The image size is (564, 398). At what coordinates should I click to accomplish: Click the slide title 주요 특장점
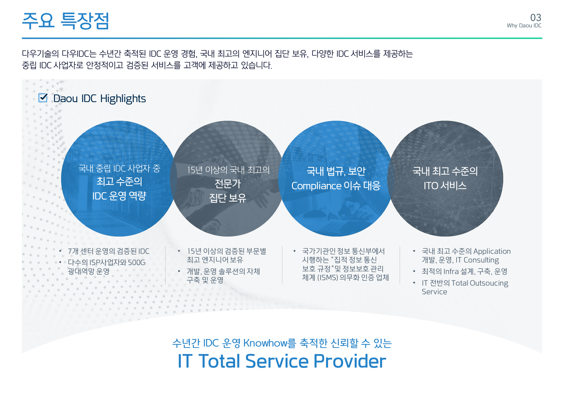point(66,21)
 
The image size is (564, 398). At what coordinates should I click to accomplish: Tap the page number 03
point(536,17)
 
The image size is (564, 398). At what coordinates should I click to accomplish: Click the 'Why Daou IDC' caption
point(524,26)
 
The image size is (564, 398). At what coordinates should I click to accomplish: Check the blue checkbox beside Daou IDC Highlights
point(43,98)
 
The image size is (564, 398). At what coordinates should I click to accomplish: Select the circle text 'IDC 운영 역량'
point(119,196)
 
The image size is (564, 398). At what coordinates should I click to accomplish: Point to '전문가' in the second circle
point(228,184)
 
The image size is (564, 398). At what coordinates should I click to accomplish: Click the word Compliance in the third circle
point(316,186)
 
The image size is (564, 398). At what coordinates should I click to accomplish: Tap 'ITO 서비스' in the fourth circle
point(445,186)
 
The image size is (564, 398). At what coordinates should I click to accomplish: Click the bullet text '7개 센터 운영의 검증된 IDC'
point(109,251)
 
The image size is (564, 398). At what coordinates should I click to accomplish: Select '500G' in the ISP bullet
point(137,263)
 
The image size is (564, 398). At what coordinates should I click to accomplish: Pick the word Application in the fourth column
point(492,251)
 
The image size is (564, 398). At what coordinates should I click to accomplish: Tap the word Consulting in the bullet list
point(481,260)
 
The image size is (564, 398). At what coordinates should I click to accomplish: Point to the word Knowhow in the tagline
point(265,343)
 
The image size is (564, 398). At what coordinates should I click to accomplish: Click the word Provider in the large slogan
point(350,361)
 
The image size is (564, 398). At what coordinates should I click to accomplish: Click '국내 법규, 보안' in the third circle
point(336,171)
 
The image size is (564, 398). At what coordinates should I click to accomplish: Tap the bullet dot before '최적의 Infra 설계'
point(414,271)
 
